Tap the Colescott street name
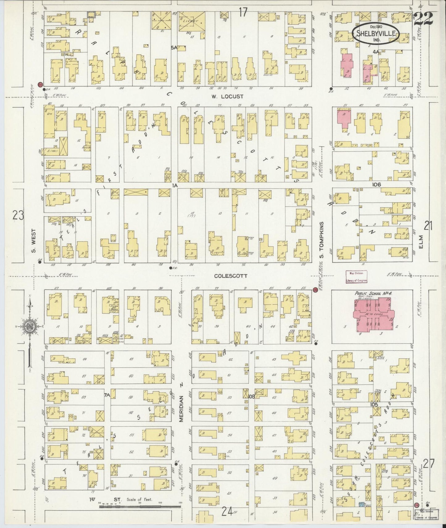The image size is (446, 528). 231,276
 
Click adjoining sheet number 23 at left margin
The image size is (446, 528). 18,215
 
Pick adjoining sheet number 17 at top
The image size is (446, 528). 243,13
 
